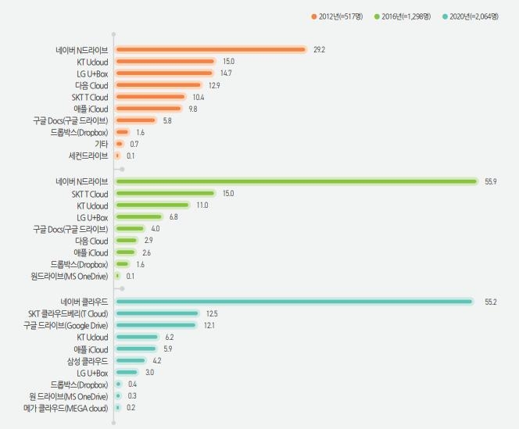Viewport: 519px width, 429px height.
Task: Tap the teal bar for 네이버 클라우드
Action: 293,301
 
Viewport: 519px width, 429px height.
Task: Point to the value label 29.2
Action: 319,49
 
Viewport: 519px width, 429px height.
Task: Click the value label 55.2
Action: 491,301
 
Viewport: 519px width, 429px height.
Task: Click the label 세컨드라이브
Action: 88,156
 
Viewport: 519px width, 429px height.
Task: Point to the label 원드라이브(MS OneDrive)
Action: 70,276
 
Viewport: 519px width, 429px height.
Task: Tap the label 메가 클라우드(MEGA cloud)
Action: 66,407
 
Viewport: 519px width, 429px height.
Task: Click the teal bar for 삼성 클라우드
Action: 130,360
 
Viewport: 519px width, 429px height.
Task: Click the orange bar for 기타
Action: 119,144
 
